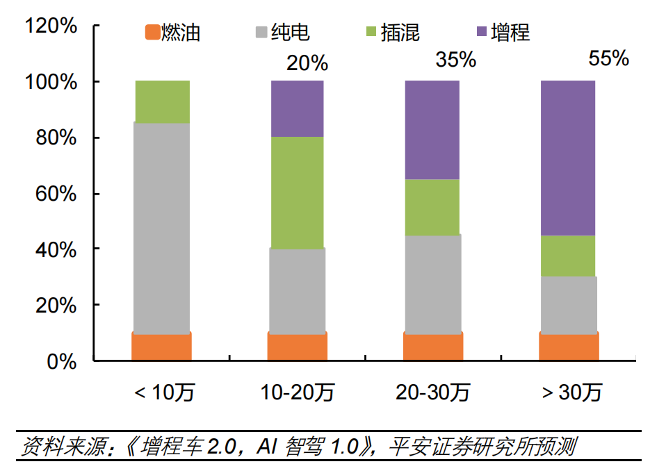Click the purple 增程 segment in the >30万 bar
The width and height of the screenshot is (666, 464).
tap(569, 158)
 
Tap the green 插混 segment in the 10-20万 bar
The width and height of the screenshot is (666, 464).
tap(298, 192)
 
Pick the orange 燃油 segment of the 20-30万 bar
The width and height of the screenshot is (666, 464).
tap(433, 346)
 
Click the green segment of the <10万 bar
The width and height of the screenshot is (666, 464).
tap(162, 102)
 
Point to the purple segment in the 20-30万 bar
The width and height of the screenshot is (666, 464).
tap(432, 130)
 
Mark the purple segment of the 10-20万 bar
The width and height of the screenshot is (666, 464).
tap(298, 109)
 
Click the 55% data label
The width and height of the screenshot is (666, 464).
tap(608, 58)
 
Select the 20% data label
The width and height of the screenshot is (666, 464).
tap(307, 63)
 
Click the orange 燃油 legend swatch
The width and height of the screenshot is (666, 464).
tap(152, 32)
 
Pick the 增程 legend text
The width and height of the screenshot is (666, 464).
tap(510, 32)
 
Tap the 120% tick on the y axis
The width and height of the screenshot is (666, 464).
tap(51, 26)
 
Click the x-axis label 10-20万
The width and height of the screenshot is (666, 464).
tap(298, 393)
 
